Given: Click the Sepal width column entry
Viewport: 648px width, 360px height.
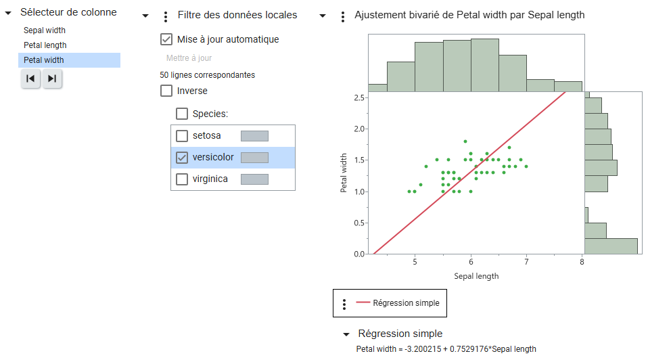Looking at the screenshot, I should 45,30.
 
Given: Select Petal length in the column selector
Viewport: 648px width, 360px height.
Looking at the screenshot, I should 45,45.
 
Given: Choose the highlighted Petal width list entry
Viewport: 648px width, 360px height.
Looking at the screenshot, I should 44,60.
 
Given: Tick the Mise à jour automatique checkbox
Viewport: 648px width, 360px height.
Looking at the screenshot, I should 166,39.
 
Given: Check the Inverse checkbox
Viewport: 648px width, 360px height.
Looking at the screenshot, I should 166,91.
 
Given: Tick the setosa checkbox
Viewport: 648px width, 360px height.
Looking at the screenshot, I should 182,136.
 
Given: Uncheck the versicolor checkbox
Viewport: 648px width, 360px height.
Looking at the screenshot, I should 182,158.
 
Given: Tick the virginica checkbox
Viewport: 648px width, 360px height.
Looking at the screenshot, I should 182,179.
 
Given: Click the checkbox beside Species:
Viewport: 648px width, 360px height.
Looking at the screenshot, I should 182,114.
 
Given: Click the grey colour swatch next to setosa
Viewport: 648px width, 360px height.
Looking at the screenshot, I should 254,136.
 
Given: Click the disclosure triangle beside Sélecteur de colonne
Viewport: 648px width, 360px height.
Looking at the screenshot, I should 9,13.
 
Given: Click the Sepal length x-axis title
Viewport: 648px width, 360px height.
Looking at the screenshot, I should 476,276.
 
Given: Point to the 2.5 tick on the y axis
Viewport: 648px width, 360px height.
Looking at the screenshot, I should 358,97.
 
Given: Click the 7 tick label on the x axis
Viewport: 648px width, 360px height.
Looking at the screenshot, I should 526,263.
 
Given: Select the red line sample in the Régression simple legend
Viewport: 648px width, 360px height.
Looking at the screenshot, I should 363,303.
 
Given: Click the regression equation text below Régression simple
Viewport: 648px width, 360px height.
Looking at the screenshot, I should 446,349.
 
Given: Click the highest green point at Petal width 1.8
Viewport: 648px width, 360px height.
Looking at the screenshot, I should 465,141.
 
